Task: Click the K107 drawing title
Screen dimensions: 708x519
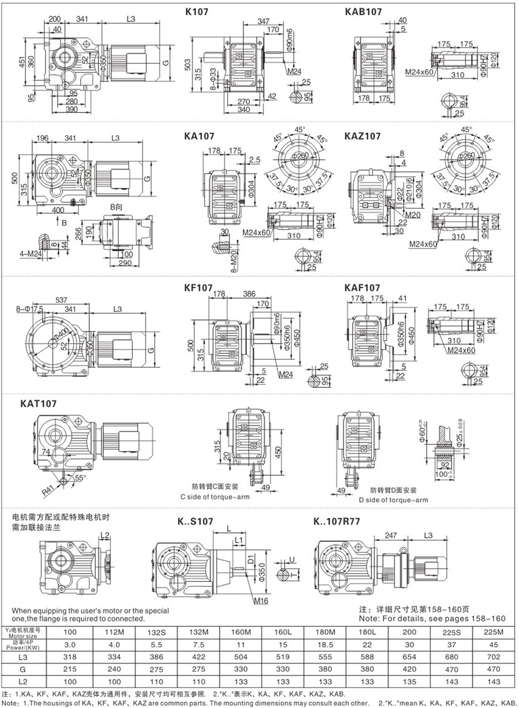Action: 197,11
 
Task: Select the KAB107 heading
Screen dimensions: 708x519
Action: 363,11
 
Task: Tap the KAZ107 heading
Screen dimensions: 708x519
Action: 363,136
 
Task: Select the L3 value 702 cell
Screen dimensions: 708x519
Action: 492,657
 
